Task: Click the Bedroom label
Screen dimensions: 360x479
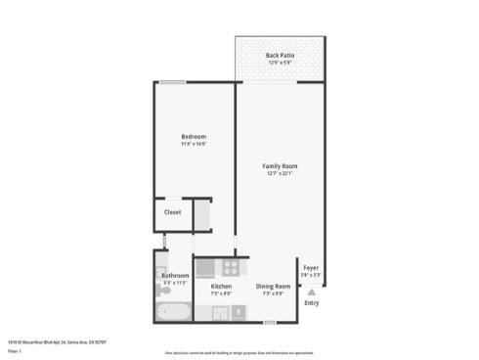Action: (x=194, y=136)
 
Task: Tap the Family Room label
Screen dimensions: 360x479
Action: (x=280, y=166)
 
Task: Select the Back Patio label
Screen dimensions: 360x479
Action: (x=280, y=55)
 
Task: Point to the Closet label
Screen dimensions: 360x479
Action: (x=172, y=211)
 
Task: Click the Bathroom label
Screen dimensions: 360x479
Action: (x=175, y=276)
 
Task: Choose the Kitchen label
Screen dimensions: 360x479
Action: (x=221, y=286)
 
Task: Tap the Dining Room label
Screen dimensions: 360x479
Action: (x=270, y=286)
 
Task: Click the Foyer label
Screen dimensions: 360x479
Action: (x=311, y=267)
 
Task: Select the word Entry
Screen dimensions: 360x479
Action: (x=312, y=303)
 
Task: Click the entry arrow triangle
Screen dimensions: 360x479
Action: (x=312, y=291)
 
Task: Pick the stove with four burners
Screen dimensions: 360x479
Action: (x=231, y=266)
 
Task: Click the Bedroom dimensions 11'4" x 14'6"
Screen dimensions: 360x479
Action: (x=194, y=144)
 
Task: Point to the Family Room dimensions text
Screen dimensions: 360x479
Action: (x=280, y=174)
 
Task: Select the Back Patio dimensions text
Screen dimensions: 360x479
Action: (x=280, y=63)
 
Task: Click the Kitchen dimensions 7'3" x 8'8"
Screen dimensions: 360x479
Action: (x=221, y=293)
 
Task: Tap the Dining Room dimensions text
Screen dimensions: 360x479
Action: (x=270, y=293)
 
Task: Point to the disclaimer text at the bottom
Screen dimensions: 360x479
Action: (x=239, y=351)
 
